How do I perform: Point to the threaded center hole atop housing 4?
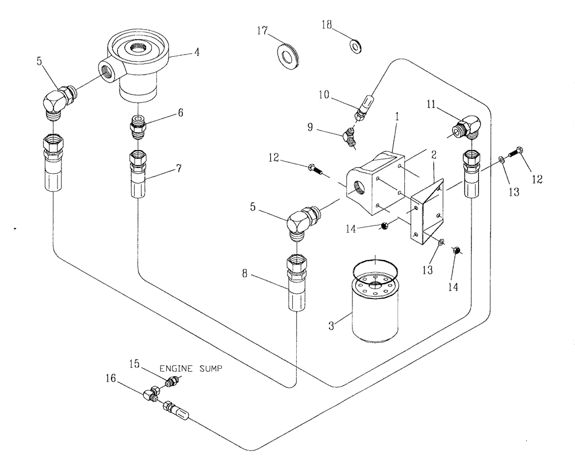coord(138,47)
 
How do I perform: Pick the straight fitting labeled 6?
coord(139,127)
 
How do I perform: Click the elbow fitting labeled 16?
coord(153,395)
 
